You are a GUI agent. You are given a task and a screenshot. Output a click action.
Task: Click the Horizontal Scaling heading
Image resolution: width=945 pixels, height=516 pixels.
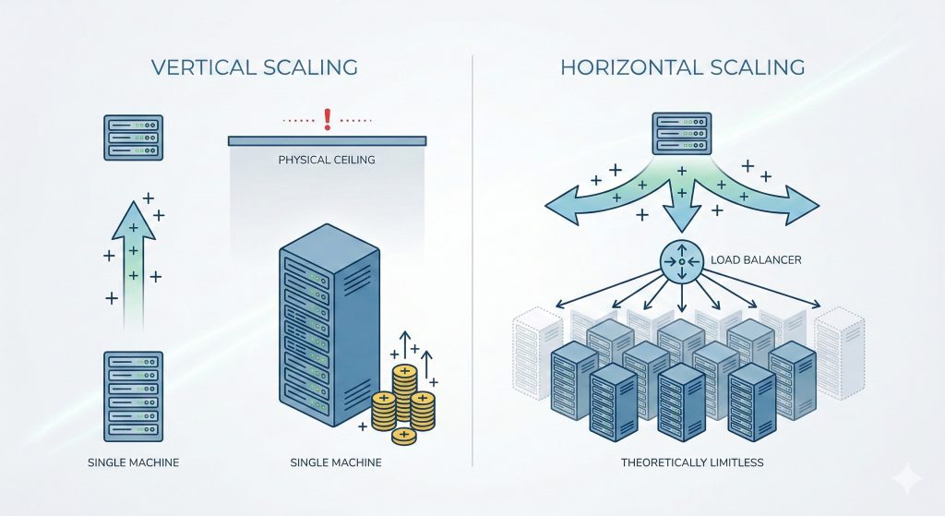tap(682, 68)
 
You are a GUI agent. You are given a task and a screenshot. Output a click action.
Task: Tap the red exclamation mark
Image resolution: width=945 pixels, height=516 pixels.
tap(327, 118)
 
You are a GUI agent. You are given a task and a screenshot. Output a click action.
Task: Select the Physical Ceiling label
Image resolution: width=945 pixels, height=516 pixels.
tap(327, 161)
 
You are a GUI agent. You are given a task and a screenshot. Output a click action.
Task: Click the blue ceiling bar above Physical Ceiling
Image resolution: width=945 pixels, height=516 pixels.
tap(327, 139)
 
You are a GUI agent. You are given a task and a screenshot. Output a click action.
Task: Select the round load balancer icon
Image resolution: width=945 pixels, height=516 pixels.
tap(682, 261)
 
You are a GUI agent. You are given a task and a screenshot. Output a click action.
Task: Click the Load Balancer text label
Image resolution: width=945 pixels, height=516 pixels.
tap(756, 260)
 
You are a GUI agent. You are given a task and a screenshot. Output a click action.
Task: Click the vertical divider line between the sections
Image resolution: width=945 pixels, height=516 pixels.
tap(472, 258)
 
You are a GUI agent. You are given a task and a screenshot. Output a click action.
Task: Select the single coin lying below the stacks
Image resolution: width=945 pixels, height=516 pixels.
tap(403, 435)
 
